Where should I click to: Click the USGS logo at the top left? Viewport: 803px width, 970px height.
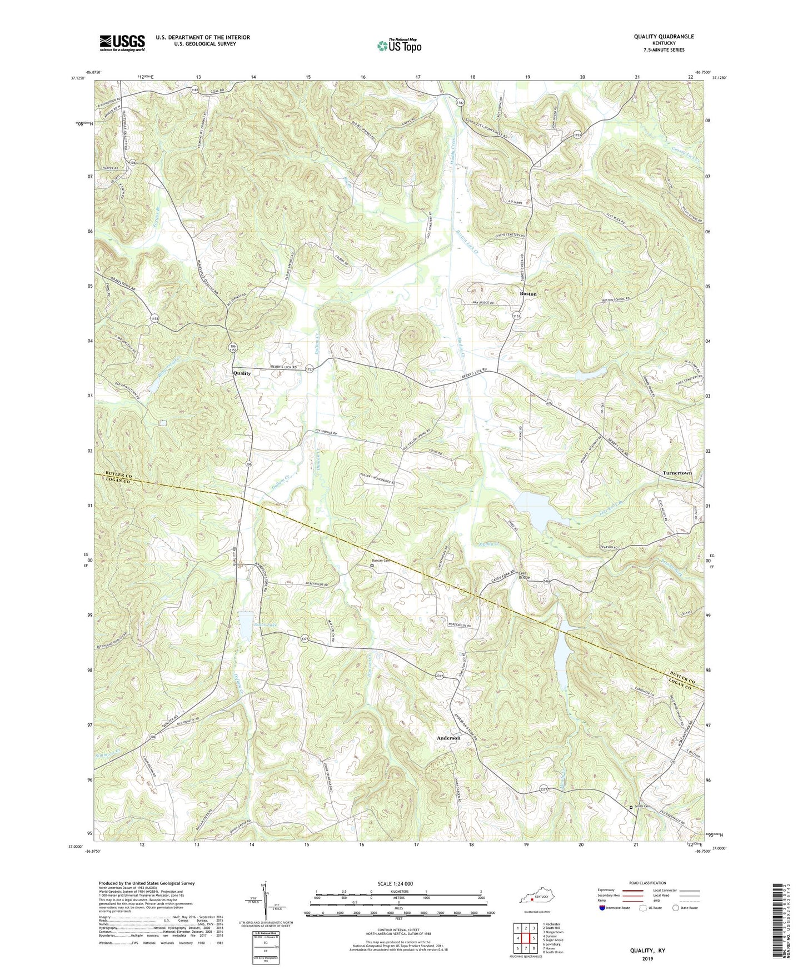tap(122, 43)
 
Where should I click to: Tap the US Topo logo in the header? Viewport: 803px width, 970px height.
tap(398, 46)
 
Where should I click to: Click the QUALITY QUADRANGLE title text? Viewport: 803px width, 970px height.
tap(664, 37)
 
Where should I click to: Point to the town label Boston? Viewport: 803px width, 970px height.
tap(528, 293)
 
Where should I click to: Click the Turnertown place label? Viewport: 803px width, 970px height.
tap(677, 473)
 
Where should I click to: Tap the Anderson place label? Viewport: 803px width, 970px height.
tap(448, 738)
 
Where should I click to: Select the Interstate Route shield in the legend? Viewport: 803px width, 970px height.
tap(602, 908)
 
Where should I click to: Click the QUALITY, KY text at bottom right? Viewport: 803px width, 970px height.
tap(647, 951)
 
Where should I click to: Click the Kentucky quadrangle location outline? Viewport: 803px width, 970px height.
tap(537, 899)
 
